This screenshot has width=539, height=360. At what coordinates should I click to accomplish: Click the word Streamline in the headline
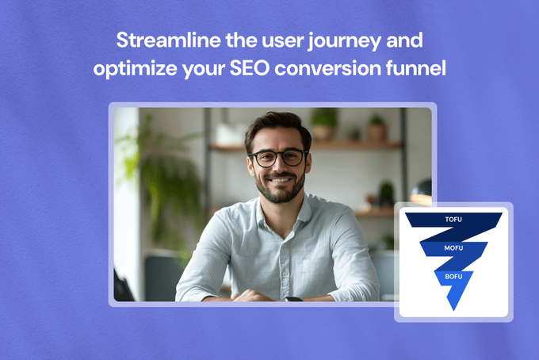point(169,40)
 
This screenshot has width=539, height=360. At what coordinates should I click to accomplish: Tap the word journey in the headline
point(345,42)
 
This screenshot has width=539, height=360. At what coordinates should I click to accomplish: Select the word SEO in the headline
point(249,68)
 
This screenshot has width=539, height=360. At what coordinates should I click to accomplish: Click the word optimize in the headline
point(135,70)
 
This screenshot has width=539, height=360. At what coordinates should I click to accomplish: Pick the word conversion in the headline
point(327,68)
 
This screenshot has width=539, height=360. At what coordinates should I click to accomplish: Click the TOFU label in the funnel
point(453,220)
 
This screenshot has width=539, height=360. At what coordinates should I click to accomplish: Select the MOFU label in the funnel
point(453,248)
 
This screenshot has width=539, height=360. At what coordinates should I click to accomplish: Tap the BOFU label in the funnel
point(453,277)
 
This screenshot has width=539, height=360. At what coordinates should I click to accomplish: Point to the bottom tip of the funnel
point(453,311)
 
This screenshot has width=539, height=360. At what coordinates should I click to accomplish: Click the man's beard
point(280,189)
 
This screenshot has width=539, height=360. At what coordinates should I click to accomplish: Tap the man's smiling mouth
point(280,180)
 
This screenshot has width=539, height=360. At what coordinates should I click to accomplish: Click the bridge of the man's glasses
point(280,154)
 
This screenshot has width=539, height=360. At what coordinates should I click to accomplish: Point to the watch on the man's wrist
point(293,299)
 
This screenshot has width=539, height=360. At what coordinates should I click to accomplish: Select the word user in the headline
point(282,40)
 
